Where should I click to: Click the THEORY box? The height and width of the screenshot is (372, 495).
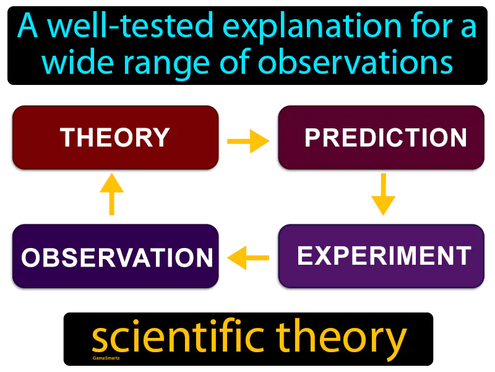[x=115, y=138]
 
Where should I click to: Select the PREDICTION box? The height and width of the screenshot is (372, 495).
[x=381, y=138]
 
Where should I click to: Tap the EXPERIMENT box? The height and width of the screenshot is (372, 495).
[x=381, y=256]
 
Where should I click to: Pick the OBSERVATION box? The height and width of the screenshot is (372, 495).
[x=115, y=257]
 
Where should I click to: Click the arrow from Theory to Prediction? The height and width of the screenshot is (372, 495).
[x=248, y=142]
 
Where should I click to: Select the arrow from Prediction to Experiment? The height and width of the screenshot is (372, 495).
[x=383, y=194]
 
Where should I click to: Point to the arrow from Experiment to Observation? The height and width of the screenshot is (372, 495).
[x=248, y=257]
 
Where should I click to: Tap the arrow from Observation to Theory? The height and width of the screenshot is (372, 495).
[x=111, y=194]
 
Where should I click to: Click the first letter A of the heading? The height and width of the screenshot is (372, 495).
[x=28, y=27]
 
